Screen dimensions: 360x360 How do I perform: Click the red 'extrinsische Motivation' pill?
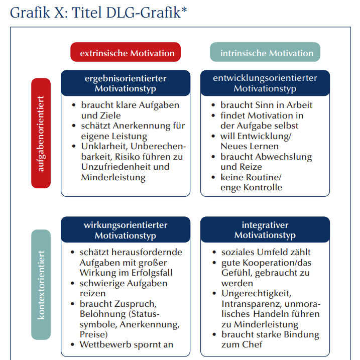pyautogui.click(x=126, y=52)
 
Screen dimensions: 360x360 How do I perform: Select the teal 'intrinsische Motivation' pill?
pyautogui.click(x=265, y=52)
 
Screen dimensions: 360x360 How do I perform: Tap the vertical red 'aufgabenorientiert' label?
pyautogui.click(x=41, y=133)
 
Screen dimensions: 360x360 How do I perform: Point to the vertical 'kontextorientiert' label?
pyautogui.click(x=41, y=285)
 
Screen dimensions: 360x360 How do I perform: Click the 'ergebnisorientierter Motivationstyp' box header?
pyautogui.click(x=126, y=83)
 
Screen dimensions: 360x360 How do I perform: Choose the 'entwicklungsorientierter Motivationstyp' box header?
pyautogui.click(x=265, y=83)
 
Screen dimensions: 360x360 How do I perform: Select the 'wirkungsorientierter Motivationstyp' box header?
pyautogui.click(x=126, y=229)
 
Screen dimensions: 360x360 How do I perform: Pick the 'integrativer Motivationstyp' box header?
pyautogui.click(x=265, y=229)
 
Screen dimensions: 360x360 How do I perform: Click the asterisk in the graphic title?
pyautogui.click(x=184, y=10)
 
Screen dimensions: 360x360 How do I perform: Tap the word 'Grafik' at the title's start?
pyautogui.click(x=30, y=13)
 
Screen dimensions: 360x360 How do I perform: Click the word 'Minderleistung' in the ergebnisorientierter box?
pyautogui.click(x=113, y=177)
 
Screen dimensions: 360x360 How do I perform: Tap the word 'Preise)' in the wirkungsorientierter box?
pyautogui.click(x=94, y=334)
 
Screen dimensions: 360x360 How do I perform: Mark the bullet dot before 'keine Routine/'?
pyautogui.click(x=213, y=177)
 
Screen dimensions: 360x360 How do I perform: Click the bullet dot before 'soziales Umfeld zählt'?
pyautogui.click(x=214, y=252)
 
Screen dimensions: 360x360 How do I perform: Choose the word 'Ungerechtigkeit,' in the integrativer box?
pyautogui.click(x=256, y=294)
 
